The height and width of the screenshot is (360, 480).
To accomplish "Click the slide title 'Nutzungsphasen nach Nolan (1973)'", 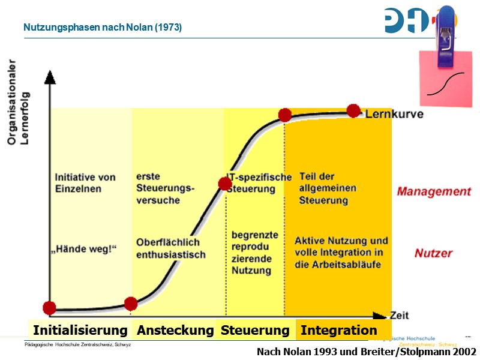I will [x=103, y=28].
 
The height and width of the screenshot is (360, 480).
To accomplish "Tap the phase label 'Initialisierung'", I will [x=80, y=331].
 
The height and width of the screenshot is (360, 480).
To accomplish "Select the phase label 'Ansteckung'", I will [x=175, y=331].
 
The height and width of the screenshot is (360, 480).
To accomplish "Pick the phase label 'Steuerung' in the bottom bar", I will [x=255, y=331].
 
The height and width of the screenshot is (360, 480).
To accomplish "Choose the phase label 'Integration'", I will [x=339, y=331].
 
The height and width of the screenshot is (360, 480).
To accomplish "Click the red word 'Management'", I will [x=434, y=192].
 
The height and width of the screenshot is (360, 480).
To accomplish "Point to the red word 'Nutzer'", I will [x=433, y=254].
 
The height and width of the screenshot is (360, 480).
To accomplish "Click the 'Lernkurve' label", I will [x=394, y=114].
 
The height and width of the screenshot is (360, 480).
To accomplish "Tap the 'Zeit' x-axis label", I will [x=400, y=315].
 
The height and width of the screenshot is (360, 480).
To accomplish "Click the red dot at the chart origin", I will [x=49, y=308].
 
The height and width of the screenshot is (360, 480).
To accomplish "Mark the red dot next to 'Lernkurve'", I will [x=353, y=110].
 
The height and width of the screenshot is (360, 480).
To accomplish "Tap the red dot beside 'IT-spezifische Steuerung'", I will [x=225, y=184].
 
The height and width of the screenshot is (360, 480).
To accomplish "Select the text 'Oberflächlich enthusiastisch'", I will [x=170, y=249].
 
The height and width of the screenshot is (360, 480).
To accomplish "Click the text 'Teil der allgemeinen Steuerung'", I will [x=328, y=188].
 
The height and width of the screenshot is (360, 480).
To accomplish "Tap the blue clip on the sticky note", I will [x=446, y=37].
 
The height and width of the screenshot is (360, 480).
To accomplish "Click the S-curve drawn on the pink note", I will [x=446, y=83].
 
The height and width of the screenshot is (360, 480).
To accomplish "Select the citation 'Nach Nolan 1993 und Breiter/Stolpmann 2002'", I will [x=367, y=352].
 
